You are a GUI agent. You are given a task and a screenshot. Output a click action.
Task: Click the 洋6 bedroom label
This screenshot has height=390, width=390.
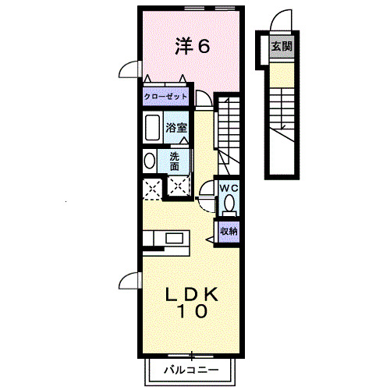pos(192,47)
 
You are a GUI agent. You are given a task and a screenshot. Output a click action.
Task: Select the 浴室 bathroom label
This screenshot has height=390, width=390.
pos(175,128)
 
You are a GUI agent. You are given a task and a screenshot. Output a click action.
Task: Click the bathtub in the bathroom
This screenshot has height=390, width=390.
pos(152,127)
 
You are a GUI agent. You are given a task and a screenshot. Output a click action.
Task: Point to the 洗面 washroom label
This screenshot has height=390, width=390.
pos(175,161)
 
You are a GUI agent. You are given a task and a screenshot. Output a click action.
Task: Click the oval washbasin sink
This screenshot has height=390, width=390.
pos(149,161)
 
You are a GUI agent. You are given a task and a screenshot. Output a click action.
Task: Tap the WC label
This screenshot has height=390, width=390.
pos(229,188)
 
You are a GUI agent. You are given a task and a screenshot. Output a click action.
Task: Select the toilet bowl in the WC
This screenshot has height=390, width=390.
pos(229,204)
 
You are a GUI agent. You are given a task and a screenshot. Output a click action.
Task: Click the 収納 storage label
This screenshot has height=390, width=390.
pos(228,231)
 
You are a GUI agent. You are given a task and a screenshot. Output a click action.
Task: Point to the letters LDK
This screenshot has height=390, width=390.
pos(191,295)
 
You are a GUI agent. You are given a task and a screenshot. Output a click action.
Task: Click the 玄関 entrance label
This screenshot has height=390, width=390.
pos(282,48)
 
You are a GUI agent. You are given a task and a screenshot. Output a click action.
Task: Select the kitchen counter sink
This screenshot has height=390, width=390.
pos(172,237)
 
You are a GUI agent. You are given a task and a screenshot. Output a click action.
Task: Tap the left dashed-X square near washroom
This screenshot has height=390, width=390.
pos(151,187)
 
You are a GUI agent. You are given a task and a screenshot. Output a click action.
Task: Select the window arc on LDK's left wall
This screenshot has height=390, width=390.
pos(128,282)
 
